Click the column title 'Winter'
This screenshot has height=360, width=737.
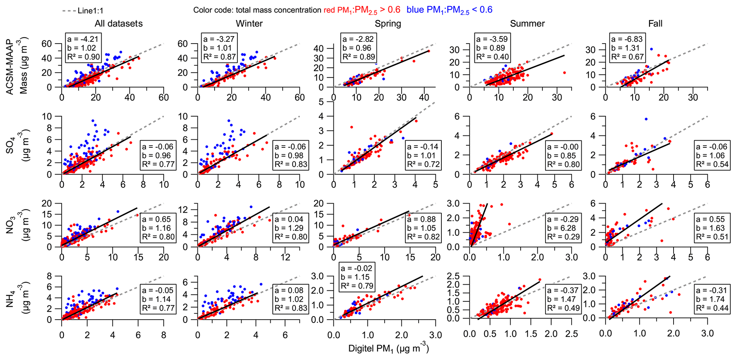click(x=249, y=24)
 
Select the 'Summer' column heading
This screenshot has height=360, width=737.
click(x=527, y=24)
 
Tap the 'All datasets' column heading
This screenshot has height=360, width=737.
click(x=118, y=24)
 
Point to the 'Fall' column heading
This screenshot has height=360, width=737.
click(x=655, y=24)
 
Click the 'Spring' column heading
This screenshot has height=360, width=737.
click(x=388, y=24)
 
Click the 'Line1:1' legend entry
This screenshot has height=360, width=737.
click(x=83, y=11)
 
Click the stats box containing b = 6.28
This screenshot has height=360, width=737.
click(x=563, y=228)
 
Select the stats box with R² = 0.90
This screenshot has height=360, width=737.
click(x=83, y=48)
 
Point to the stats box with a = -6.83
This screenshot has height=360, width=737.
click(x=627, y=48)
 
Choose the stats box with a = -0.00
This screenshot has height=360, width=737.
click(x=563, y=156)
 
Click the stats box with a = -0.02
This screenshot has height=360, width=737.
click(x=357, y=277)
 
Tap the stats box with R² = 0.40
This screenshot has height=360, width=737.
click(x=492, y=48)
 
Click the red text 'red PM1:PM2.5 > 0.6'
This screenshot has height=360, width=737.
click(x=362, y=10)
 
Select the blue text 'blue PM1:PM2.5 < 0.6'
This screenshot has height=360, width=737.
click(x=449, y=10)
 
